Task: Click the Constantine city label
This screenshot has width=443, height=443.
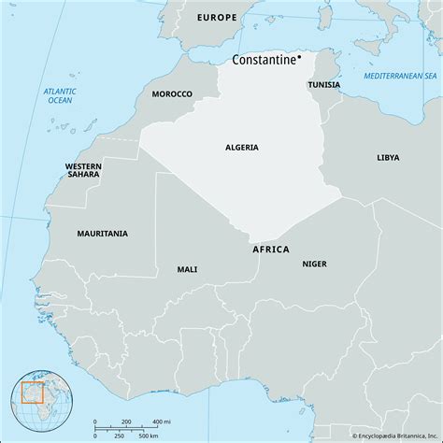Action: tap(263, 61)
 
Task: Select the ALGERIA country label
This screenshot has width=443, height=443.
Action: tap(242, 147)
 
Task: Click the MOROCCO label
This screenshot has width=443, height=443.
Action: tap(172, 93)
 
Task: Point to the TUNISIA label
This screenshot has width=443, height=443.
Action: tap(323, 84)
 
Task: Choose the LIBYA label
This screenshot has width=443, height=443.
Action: tap(387, 158)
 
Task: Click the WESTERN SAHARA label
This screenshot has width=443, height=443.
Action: tap(84, 170)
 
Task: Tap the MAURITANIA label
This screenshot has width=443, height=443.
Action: tap(103, 233)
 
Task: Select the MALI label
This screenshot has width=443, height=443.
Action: tap(187, 269)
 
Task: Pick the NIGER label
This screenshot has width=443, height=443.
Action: tap(314, 264)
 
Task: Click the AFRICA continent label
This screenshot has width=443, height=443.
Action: tap(271, 250)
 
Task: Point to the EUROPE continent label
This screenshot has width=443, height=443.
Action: tap(218, 18)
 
